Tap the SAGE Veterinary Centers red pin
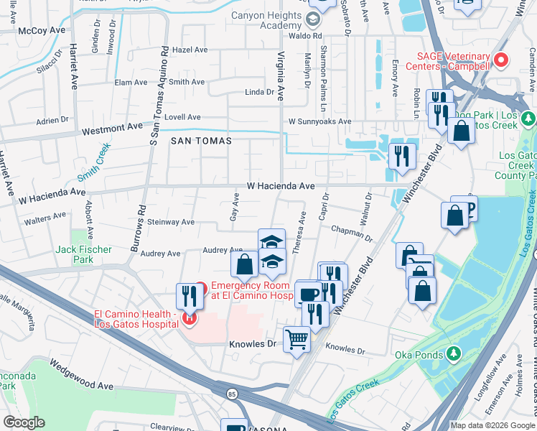(x=502, y=60)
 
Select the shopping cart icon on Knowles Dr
(x=296, y=339)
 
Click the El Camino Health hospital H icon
(x=190, y=318)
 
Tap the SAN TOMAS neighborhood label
(x=201, y=141)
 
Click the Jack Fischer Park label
(x=84, y=254)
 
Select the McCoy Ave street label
(x=42, y=30)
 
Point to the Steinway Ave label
(x=171, y=223)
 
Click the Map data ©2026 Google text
(x=492, y=425)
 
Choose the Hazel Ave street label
(x=190, y=50)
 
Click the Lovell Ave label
(x=182, y=117)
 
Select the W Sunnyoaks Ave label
(x=319, y=122)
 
